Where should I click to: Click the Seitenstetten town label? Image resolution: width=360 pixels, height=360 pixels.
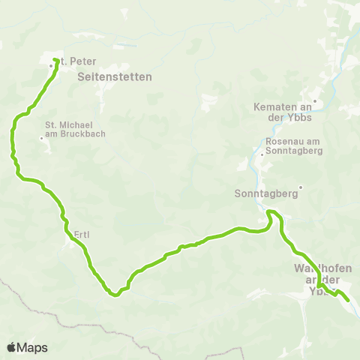pyautogui.click(x=115, y=76)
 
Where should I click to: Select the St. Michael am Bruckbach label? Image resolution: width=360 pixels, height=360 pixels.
pyautogui.click(x=75, y=129)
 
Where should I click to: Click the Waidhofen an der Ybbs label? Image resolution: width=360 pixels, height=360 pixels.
pyautogui.click(x=323, y=279)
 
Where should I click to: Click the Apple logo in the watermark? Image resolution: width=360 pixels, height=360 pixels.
pyautogui.click(x=11, y=347)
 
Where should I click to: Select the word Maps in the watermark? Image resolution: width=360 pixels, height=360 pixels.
pyautogui.click(x=32, y=347)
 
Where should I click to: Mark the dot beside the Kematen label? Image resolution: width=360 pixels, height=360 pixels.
pyautogui.click(x=315, y=101)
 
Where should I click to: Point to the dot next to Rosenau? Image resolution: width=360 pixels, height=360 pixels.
pyautogui.click(x=262, y=155)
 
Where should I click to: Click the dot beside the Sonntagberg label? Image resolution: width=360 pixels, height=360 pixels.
pyautogui.click(x=300, y=187)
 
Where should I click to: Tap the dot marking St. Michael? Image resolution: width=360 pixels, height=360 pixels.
pyautogui.click(x=41, y=138)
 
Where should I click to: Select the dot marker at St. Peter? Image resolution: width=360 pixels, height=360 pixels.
pyautogui.click(x=51, y=66)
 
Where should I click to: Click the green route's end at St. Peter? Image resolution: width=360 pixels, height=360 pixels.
pyautogui.click(x=56, y=59)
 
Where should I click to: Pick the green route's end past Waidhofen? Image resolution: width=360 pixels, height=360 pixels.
pyautogui.click(x=349, y=301)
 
